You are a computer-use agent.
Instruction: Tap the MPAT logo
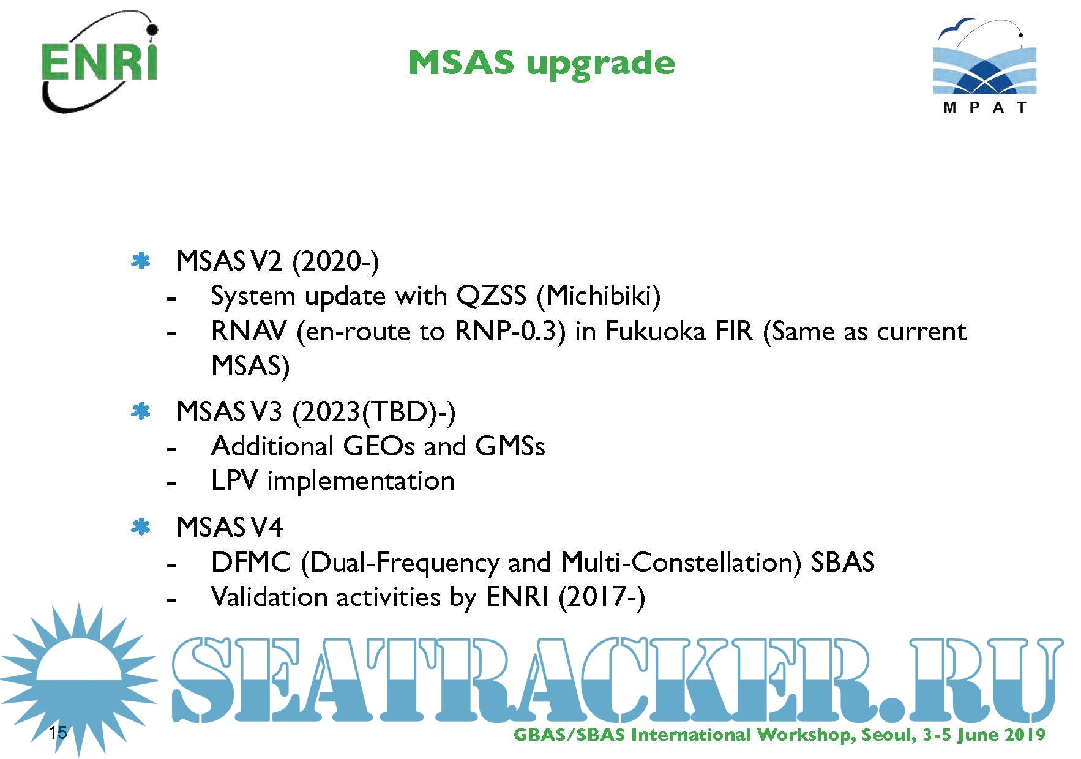pyautogui.click(x=984, y=66)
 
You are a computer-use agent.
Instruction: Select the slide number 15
pyautogui.click(x=58, y=732)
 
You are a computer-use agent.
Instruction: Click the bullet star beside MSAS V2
pyautogui.click(x=141, y=262)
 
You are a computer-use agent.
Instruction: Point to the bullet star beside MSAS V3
pyautogui.click(x=141, y=412)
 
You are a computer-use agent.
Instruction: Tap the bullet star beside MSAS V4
pyautogui.click(x=141, y=527)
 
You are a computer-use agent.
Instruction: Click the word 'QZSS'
pyautogui.click(x=491, y=296)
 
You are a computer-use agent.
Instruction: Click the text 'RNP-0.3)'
pyautogui.click(x=510, y=332)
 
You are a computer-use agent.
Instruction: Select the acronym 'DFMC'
pyautogui.click(x=251, y=563)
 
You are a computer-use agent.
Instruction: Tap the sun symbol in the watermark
pyautogui.click(x=78, y=679)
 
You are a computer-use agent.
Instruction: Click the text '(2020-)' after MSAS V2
pyautogui.click(x=335, y=262)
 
